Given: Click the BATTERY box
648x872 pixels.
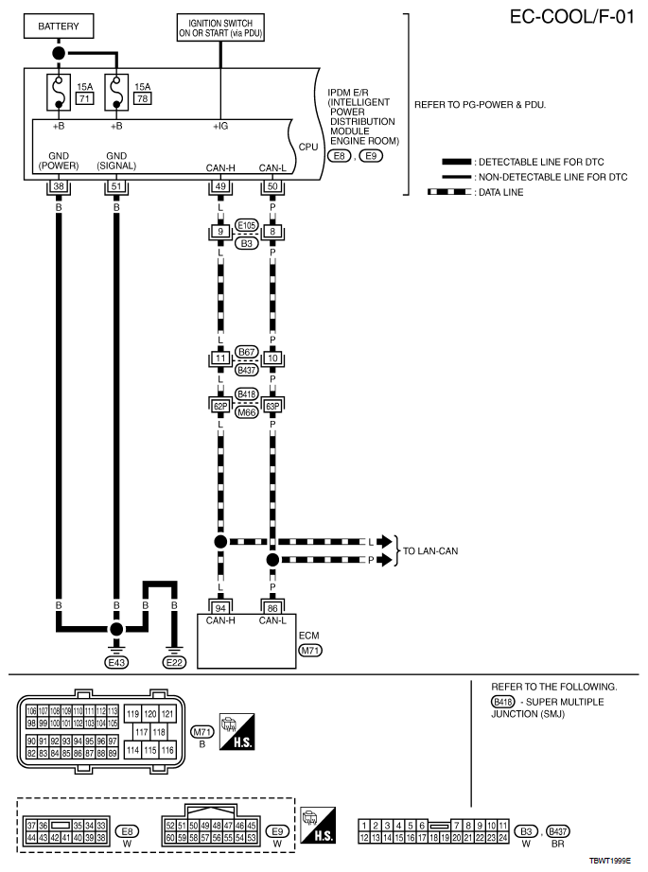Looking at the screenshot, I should click(x=59, y=26).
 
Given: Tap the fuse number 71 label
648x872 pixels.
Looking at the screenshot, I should click(x=82, y=98).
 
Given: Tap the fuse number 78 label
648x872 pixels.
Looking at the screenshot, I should click(x=142, y=98).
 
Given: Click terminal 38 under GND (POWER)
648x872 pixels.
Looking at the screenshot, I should click(x=59, y=186).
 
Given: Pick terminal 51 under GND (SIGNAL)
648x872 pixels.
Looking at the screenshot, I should click(x=116, y=186).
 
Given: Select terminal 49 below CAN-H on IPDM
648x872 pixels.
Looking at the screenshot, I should click(x=219, y=186).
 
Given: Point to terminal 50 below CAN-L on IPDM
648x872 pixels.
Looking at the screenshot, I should click(x=273, y=186).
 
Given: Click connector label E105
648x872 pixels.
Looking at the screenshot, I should click(x=246, y=225).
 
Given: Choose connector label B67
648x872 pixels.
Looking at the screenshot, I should click(x=246, y=352).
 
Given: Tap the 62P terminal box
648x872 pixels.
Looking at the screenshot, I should click(x=219, y=405).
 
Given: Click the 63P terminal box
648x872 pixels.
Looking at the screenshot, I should click(x=273, y=405).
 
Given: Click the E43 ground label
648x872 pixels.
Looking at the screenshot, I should click(x=116, y=663).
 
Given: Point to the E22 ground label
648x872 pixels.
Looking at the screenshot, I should click(x=174, y=663).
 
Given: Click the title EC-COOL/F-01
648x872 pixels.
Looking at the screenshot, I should click(x=569, y=16).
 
